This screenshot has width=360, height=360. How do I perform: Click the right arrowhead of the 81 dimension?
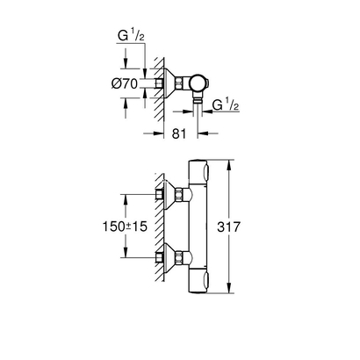[x=195, y=134]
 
